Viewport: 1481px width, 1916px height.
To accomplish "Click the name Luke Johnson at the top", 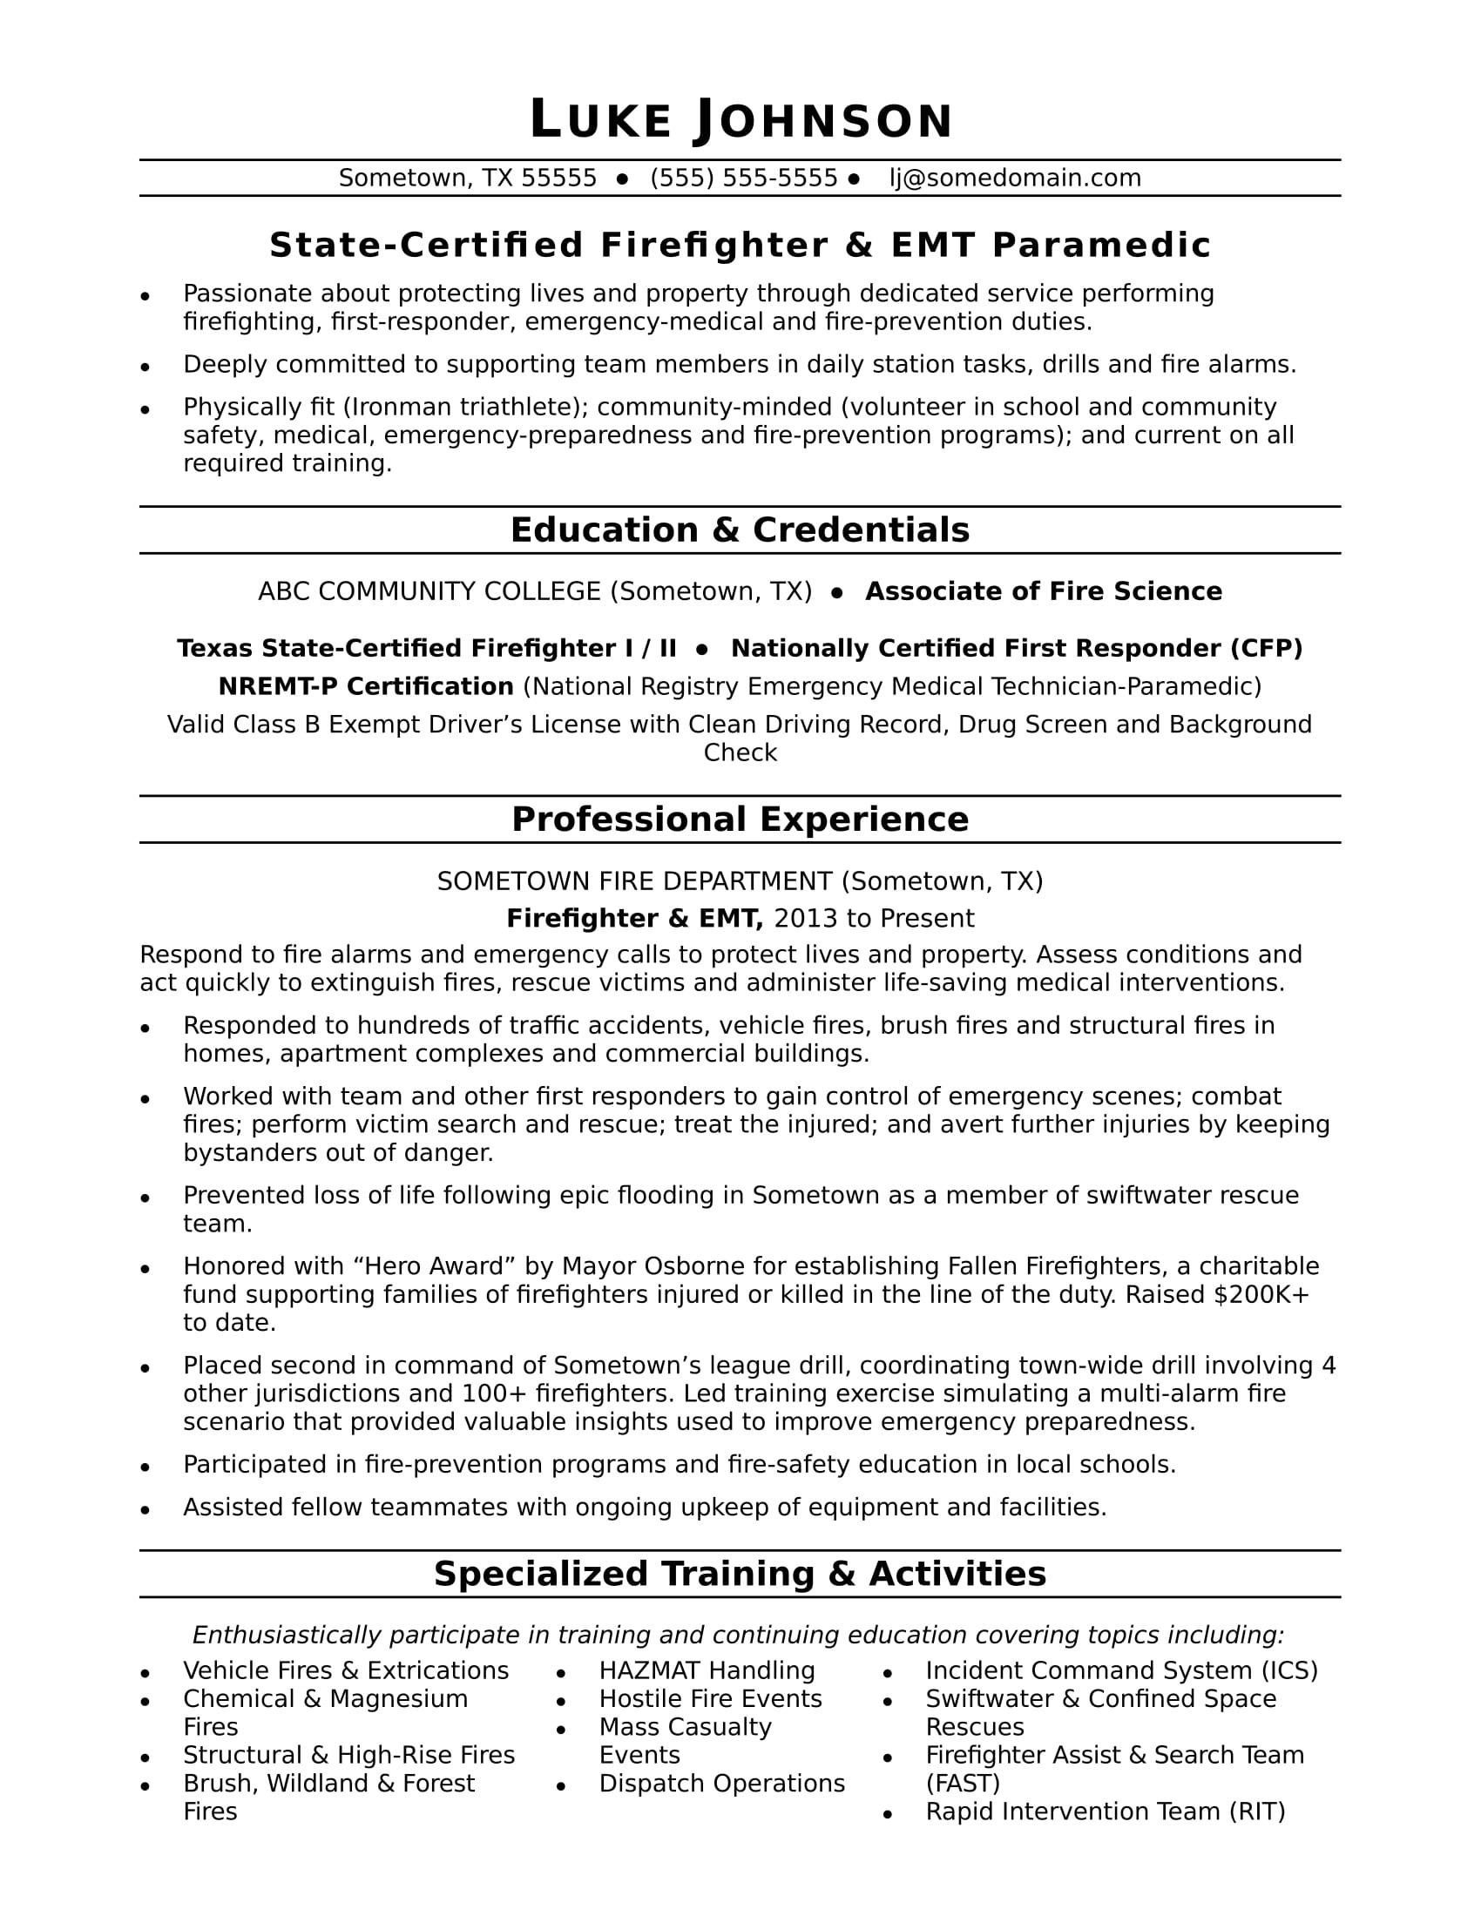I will tap(740, 120).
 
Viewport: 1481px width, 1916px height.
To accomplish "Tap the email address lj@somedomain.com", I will tap(1015, 178).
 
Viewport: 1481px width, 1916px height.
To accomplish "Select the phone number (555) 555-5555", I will tap(744, 178).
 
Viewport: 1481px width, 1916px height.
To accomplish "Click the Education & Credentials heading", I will tap(740, 530).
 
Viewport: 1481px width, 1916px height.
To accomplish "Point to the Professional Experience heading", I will tap(740, 820).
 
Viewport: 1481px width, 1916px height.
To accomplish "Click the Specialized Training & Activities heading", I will tap(740, 1574).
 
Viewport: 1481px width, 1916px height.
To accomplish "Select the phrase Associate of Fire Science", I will tap(1043, 591).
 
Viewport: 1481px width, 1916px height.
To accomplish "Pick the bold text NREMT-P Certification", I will tap(366, 686).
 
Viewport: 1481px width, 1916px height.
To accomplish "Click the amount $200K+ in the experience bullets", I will tap(1261, 1295).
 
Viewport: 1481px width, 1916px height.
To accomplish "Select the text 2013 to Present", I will tap(874, 919).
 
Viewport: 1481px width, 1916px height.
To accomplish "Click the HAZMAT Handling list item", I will tap(707, 1670).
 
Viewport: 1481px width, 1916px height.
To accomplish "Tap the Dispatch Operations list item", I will tap(721, 1784).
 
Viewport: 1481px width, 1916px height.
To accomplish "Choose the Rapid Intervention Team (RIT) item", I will tap(1105, 1811).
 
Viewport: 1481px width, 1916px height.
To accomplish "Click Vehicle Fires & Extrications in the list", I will tap(346, 1670).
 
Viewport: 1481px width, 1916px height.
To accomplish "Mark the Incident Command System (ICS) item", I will tap(1121, 1670).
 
